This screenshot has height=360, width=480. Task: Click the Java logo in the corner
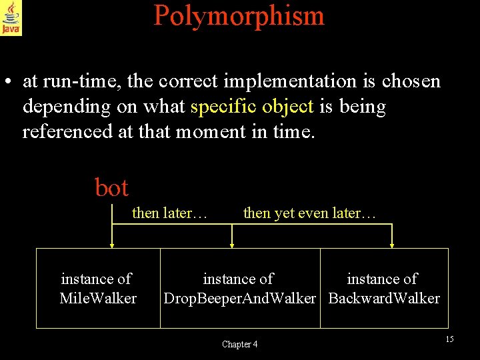point(11,17)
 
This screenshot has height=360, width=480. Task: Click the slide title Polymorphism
point(239,15)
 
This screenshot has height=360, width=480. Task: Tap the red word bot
point(111,188)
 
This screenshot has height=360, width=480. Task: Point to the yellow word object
point(287,107)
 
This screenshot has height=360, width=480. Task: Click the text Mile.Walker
point(98,298)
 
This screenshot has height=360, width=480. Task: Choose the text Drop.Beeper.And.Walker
point(239,298)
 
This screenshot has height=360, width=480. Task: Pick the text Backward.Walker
point(384,298)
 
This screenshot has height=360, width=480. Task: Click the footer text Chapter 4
point(239,344)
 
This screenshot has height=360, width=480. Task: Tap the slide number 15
point(449,339)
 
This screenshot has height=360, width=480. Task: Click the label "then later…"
point(170,213)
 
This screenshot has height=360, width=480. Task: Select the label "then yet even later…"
point(310,213)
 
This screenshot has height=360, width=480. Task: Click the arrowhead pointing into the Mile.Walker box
point(111,245)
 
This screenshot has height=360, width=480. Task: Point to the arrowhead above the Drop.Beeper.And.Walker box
point(232,245)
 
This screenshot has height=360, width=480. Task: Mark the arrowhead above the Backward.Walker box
point(392,245)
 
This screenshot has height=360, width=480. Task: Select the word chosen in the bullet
point(411,81)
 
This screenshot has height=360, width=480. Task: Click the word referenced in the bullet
point(67,131)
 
